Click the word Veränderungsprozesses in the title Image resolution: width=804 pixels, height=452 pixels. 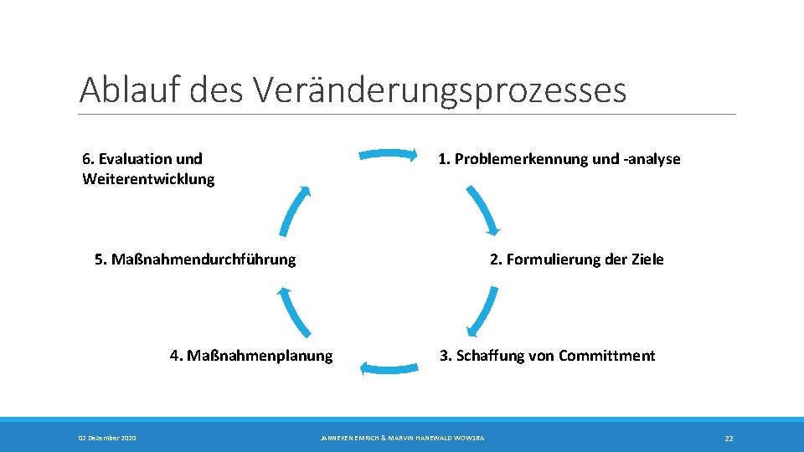[438, 90]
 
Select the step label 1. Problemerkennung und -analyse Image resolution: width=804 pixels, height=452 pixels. [559, 159]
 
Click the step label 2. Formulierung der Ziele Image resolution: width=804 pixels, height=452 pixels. [576, 259]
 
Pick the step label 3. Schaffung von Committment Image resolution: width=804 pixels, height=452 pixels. [548, 356]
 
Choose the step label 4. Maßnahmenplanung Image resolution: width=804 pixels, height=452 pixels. [251, 356]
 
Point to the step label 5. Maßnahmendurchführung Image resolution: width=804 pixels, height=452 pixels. [195, 259]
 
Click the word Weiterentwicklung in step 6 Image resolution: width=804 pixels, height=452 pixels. [148, 179]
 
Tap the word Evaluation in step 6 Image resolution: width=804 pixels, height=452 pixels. [137, 159]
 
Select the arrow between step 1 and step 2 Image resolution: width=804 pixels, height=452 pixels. [482, 210]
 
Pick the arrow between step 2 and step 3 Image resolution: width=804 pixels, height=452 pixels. [482, 311]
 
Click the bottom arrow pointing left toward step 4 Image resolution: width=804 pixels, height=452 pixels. [389, 366]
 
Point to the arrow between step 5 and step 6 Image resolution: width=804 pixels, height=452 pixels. [295, 210]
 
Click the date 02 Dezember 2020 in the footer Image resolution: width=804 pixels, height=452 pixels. [108, 438]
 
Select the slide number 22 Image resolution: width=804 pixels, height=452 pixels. [729, 438]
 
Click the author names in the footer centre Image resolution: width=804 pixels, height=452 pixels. [402, 438]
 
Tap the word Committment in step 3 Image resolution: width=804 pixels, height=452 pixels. [606, 356]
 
